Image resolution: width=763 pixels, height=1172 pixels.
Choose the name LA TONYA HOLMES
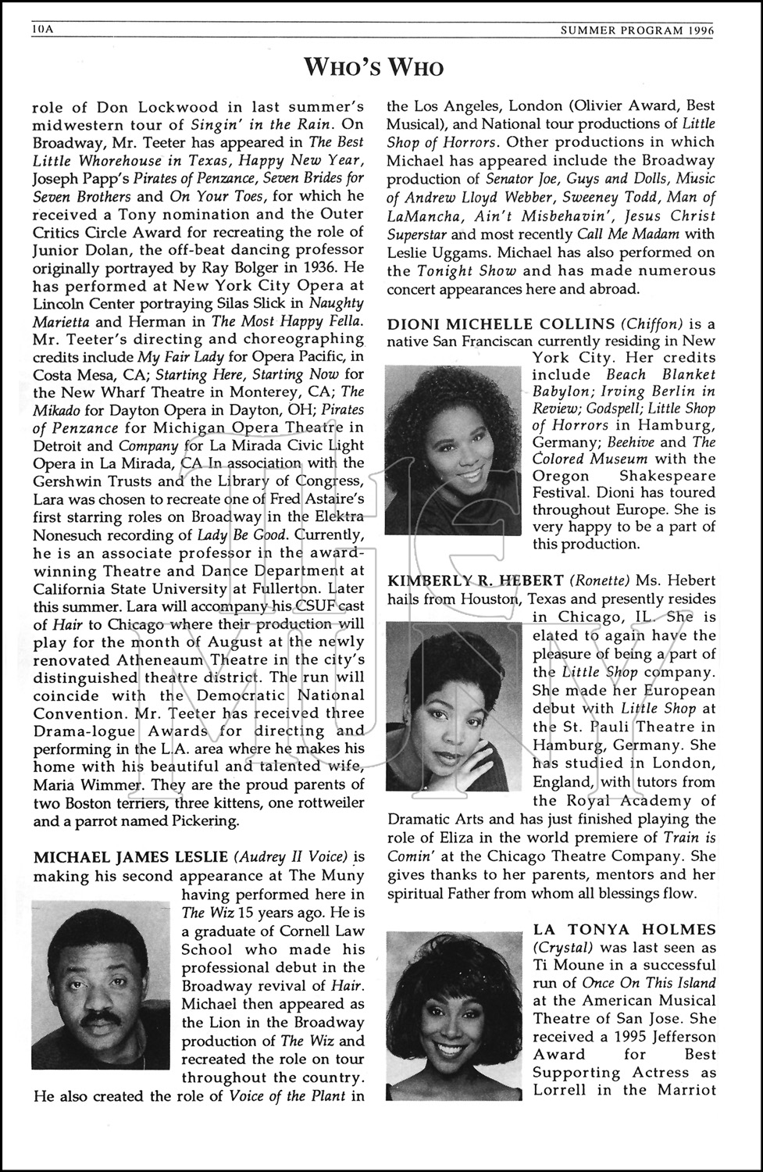point(624,929)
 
